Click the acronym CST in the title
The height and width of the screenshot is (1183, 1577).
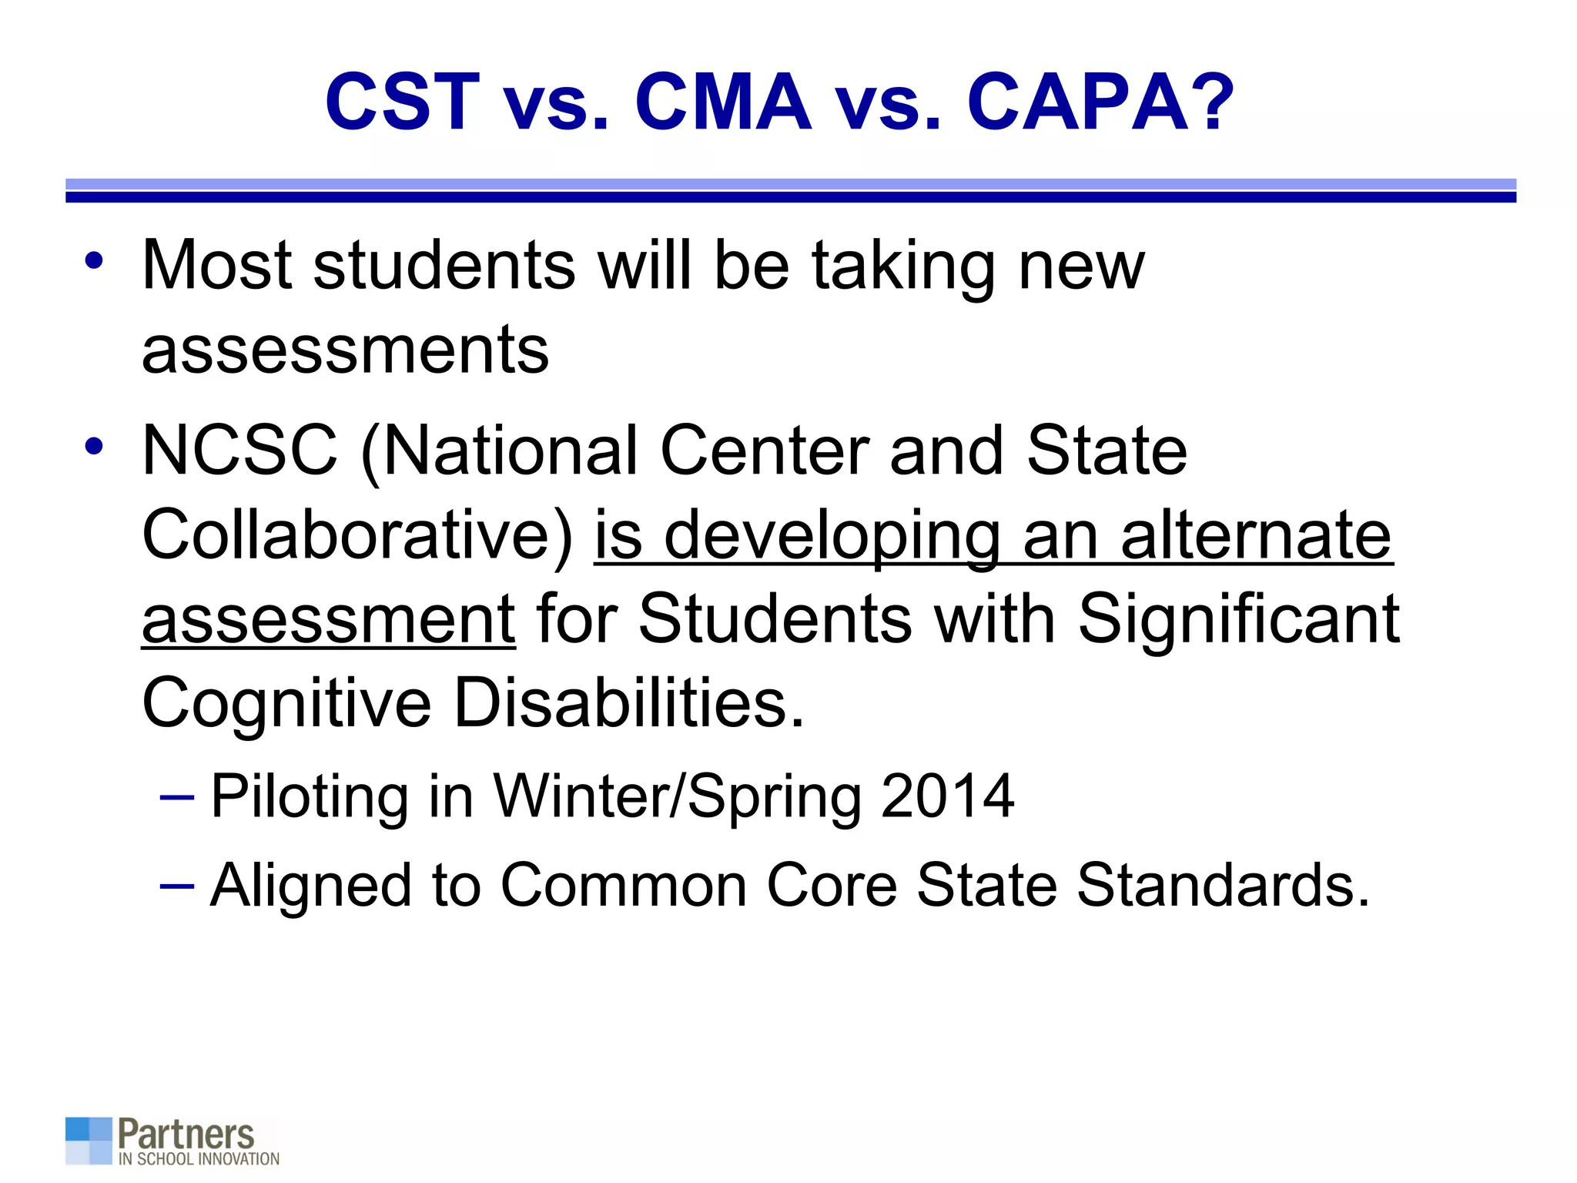pyautogui.click(x=402, y=102)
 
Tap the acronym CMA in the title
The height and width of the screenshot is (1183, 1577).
pyautogui.click(x=722, y=102)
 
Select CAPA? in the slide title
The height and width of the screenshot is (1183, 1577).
pyautogui.click(x=1100, y=102)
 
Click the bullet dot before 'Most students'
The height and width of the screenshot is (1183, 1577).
pyautogui.click(x=94, y=260)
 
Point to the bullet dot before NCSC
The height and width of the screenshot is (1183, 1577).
pyautogui.click(x=94, y=446)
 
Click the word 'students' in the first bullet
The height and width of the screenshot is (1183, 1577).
pyautogui.click(x=444, y=266)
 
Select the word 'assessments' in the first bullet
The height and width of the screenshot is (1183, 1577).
pyautogui.click(x=346, y=350)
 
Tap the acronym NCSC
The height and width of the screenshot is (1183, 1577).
pyautogui.click(x=239, y=451)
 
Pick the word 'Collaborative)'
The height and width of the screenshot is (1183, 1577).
pyautogui.click(x=358, y=535)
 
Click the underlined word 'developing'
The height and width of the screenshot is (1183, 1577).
pyautogui.click(x=832, y=537)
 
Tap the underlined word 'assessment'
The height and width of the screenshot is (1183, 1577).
pyautogui.click(x=329, y=620)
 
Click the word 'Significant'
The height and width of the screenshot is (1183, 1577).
pyautogui.click(x=1238, y=620)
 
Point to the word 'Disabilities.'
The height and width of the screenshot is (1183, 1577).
pyautogui.click(x=628, y=703)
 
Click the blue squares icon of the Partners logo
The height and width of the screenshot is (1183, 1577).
pyautogui.click(x=89, y=1140)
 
